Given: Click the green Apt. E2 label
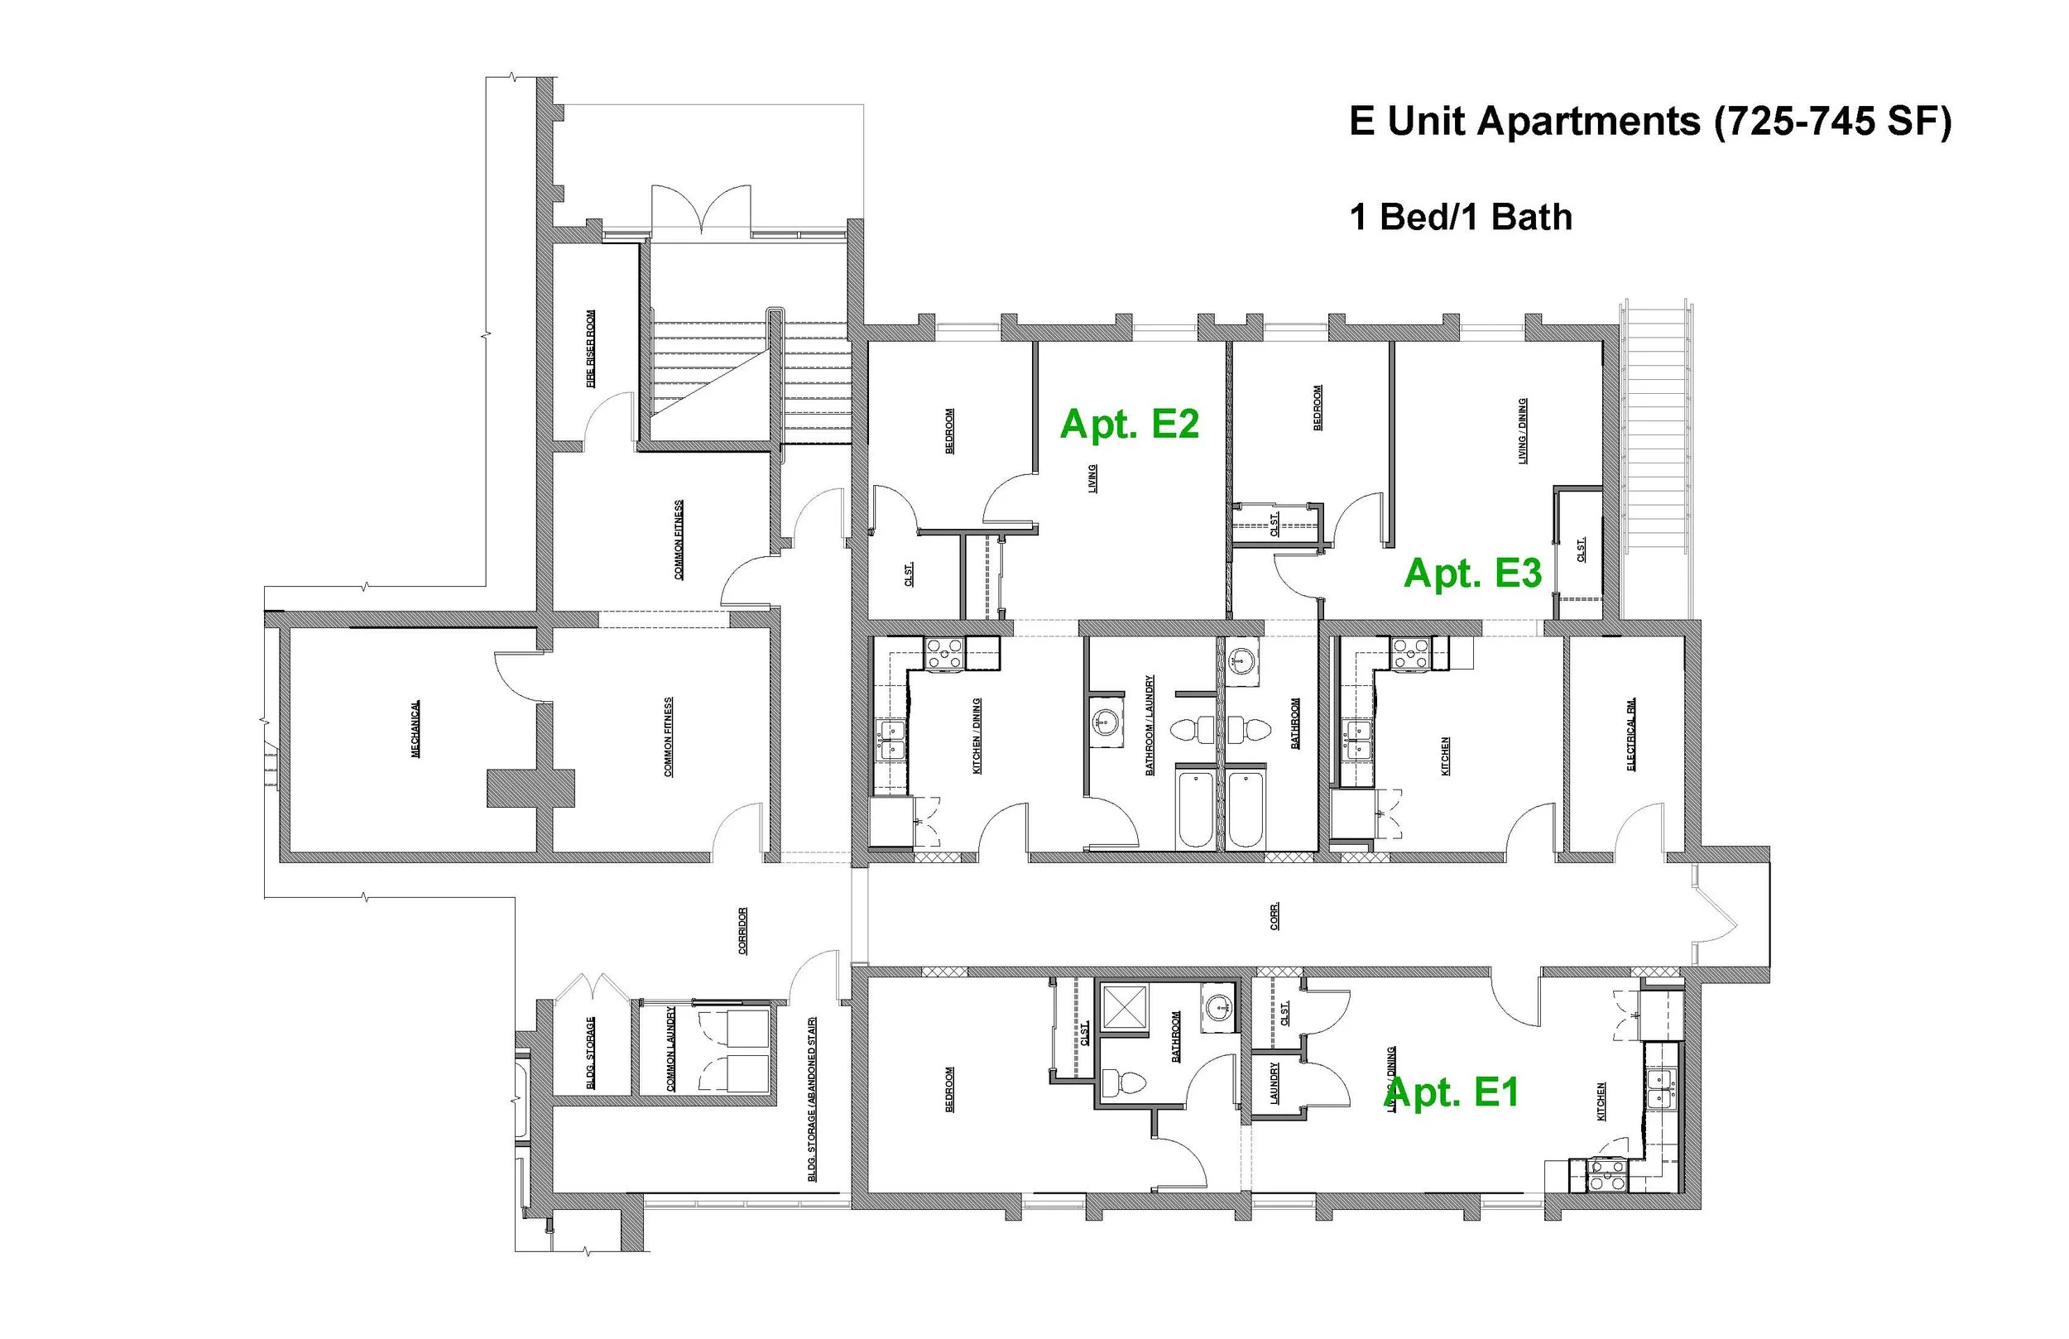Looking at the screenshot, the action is [1129, 425].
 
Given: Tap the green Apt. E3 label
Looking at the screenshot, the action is [1472, 574].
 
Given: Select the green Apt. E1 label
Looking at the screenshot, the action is [1451, 1093].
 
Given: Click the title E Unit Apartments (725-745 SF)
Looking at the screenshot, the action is [1650, 121].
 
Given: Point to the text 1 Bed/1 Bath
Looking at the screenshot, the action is [1461, 218].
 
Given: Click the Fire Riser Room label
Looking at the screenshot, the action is [591, 348].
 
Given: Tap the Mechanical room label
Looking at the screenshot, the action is [415, 728].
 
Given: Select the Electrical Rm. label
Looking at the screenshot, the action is [1631, 733].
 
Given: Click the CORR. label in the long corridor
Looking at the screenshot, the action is [1275, 916].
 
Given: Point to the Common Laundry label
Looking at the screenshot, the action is [670, 1049].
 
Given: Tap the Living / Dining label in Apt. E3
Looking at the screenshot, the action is [1522, 430].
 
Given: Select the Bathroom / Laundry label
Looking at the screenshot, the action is [1150, 725].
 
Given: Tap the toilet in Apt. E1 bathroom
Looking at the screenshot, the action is [1122, 1083].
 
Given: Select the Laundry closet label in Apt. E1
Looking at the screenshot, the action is [1275, 1083].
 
